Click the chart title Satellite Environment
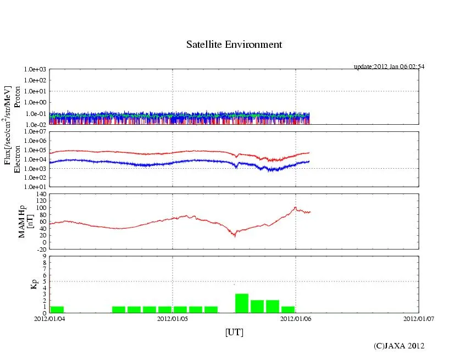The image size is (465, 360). [x=234, y=45]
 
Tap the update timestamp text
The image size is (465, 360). [x=389, y=67]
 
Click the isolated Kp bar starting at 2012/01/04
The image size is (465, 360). [x=57, y=309]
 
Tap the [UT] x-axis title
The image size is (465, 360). [x=234, y=332]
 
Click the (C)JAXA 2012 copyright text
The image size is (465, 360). [x=399, y=346]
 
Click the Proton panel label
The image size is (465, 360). [x=16, y=97]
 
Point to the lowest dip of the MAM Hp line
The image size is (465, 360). [x=235, y=235]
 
